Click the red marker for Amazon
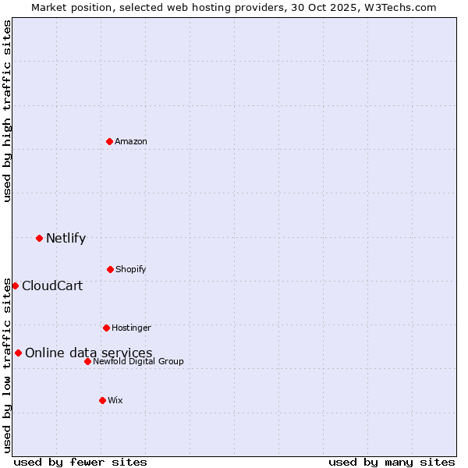point(109,141)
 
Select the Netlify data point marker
point(39,238)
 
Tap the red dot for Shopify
point(110,269)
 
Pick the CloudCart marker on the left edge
point(15,285)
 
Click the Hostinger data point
point(106,328)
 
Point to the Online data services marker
point(18,353)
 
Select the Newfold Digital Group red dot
point(87,361)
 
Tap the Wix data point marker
point(102,400)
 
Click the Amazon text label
point(131,141)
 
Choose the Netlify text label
point(66,238)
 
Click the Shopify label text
point(131,269)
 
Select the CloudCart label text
point(52,285)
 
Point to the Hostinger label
point(131,328)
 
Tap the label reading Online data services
point(88,353)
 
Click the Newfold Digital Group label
point(138,361)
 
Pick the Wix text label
point(115,400)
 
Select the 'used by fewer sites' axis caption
point(80,462)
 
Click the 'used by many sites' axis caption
point(392,462)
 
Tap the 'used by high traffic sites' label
point(7,111)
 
